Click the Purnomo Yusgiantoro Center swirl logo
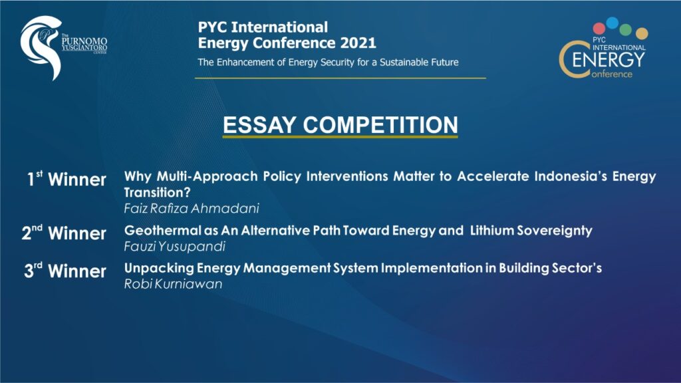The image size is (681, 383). click(41, 47)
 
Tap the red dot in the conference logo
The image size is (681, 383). click(599, 28)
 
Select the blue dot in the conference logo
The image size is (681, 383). click(612, 23)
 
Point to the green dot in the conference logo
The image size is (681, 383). click(627, 27)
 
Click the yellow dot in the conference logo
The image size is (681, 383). click(641, 33)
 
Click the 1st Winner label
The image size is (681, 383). click(67, 180)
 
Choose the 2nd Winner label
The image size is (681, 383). click(65, 233)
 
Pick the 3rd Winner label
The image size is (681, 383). click(65, 271)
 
